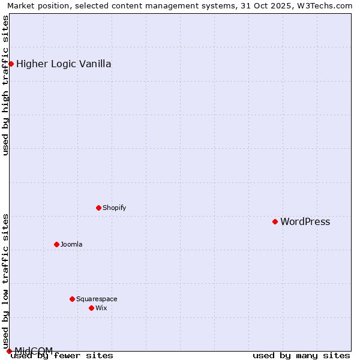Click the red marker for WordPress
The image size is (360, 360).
point(275,221)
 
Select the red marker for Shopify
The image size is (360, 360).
point(98,208)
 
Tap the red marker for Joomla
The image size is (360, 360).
point(56,244)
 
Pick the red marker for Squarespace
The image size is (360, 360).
point(72,299)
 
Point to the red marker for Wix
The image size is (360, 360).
point(91,308)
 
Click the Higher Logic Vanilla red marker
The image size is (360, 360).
point(11,64)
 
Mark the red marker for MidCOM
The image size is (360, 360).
point(9,351)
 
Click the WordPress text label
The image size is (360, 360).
point(305,222)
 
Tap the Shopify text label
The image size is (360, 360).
point(114,208)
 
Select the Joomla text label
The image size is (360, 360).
point(71,245)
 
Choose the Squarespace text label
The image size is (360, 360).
point(97,299)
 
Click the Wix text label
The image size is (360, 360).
point(101,308)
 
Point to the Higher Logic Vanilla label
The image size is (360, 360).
point(64,64)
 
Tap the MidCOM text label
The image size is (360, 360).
point(34,350)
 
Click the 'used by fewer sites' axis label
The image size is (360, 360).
point(62,355)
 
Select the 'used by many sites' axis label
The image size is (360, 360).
point(301,355)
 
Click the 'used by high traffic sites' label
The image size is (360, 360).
point(5,85)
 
